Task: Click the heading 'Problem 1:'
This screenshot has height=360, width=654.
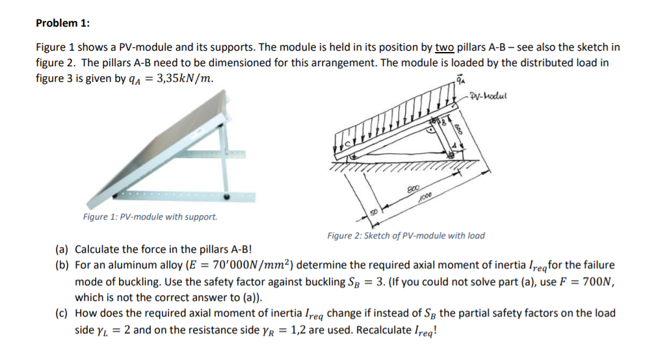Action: (x=62, y=23)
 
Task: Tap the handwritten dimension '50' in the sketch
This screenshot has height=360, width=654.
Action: (x=374, y=212)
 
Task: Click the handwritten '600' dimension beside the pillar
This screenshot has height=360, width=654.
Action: (x=458, y=129)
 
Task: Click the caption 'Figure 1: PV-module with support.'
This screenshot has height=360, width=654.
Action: (x=150, y=216)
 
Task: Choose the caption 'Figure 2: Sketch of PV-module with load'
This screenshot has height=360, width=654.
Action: (x=406, y=235)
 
